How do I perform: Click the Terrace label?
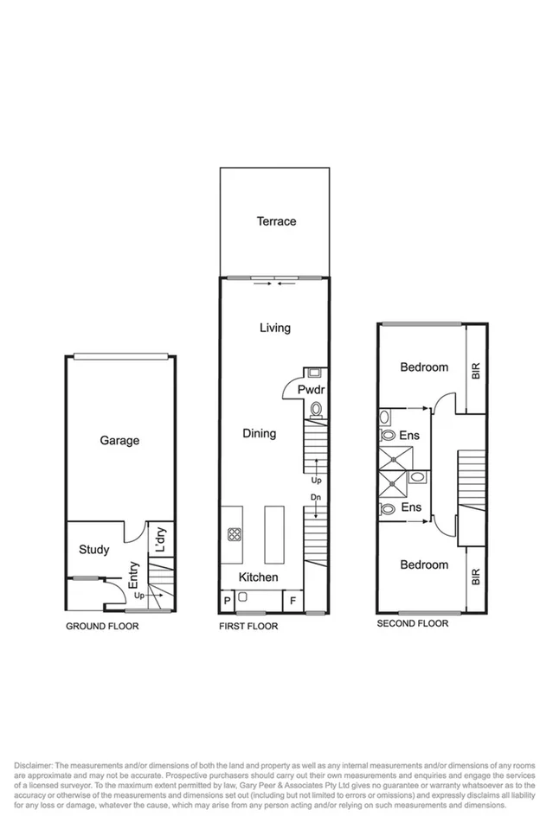(276, 221)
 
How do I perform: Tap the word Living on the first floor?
(275, 328)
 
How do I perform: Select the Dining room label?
(259, 433)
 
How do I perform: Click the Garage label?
(119, 441)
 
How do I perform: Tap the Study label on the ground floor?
(93, 549)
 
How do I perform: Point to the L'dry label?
(159, 540)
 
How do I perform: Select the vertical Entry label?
(134, 576)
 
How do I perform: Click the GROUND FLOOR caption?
(102, 626)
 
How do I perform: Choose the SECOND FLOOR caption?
(412, 622)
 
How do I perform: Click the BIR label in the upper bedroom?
(474, 370)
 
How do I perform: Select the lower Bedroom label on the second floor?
(424, 564)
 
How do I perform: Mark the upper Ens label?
(409, 436)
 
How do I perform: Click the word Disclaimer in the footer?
(34, 766)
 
